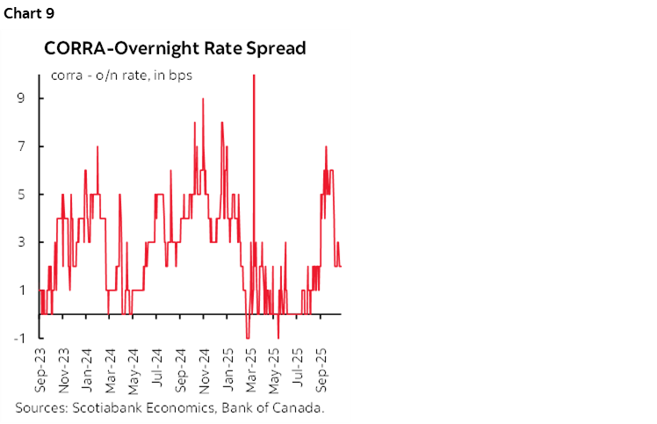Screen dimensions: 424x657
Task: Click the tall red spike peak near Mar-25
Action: [254, 76]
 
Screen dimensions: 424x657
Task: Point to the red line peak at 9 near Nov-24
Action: [203, 99]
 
